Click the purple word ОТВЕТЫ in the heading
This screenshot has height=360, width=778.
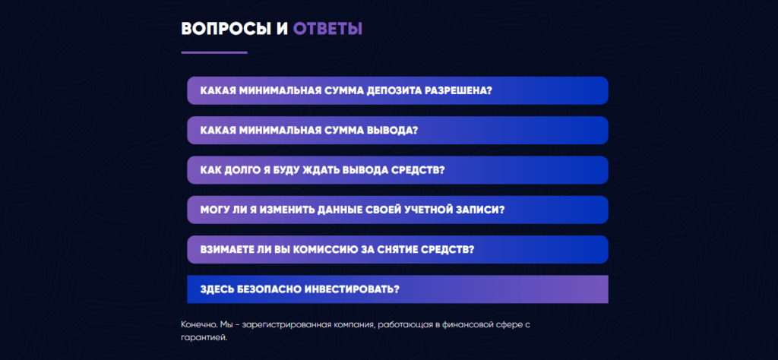click(x=327, y=29)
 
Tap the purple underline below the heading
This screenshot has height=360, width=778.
click(x=214, y=52)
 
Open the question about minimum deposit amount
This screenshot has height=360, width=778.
click(x=397, y=90)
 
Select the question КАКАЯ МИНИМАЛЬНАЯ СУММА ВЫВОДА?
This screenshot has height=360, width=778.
click(x=397, y=131)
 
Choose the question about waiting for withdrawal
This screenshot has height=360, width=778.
click(x=397, y=170)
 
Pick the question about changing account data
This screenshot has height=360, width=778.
click(x=397, y=210)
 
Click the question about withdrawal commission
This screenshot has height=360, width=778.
click(x=397, y=249)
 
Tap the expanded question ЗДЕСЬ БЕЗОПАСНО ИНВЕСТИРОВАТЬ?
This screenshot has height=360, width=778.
click(x=397, y=289)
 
